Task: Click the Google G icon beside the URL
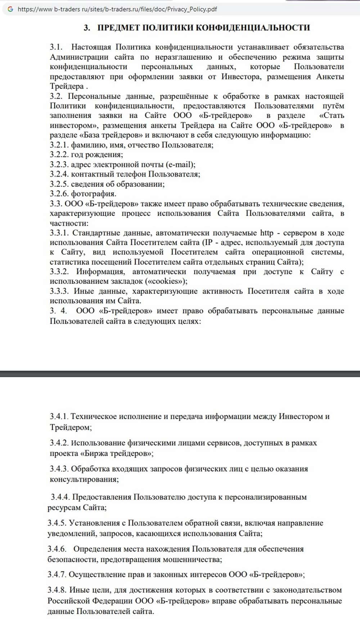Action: pyautogui.click(x=10, y=9)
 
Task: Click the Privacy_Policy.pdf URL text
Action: pyautogui.click(x=117, y=9)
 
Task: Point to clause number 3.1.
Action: pyautogui.click(x=56, y=47)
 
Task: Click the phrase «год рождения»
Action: pyautogui.click(x=97, y=155)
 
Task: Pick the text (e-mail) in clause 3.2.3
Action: pyautogui.click(x=180, y=164)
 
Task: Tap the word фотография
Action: pyautogui.click(x=94, y=194)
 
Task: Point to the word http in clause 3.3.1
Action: pyautogui.click(x=266, y=233)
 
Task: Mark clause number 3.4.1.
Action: pyautogui.click(x=59, y=417)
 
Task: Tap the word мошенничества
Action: pyautogui.click(x=192, y=559)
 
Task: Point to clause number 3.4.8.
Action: pyautogui.click(x=57, y=590)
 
